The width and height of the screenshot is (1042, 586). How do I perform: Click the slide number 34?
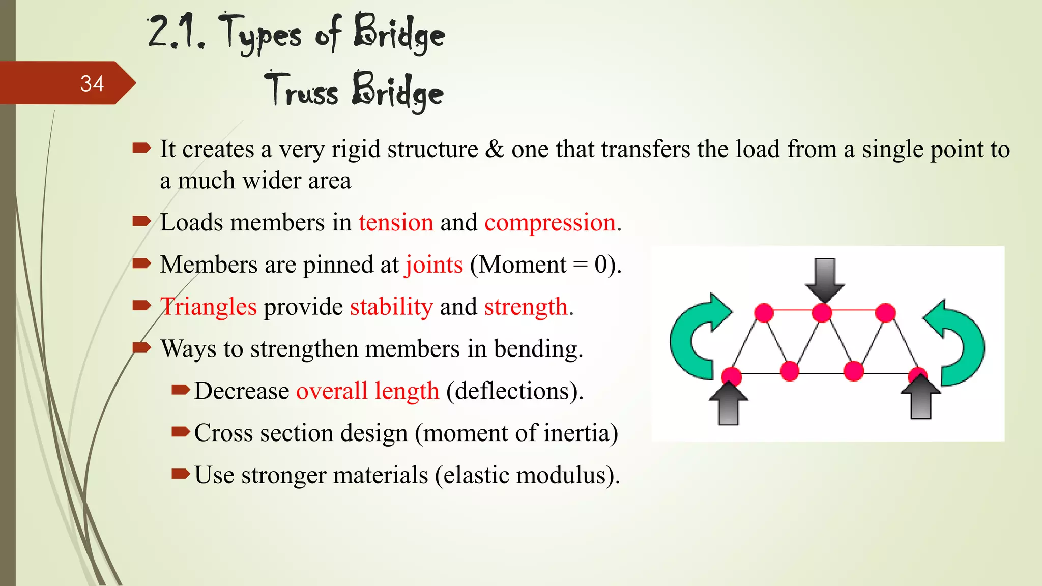click(x=92, y=83)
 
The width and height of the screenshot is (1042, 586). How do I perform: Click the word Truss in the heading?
click(x=301, y=91)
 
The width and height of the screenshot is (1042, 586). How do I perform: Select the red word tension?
click(x=396, y=223)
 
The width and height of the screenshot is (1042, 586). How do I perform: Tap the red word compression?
click(x=550, y=223)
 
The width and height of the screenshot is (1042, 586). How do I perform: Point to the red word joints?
click(x=434, y=265)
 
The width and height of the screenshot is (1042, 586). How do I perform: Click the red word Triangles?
click(x=209, y=307)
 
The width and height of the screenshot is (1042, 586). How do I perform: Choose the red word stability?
click(x=391, y=307)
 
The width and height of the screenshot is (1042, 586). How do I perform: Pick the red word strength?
click(x=526, y=307)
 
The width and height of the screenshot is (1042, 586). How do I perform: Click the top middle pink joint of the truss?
click(x=822, y=312)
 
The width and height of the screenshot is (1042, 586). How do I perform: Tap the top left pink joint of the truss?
click(x=764, y=312)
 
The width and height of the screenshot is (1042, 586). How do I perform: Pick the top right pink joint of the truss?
click(x=885, y=312)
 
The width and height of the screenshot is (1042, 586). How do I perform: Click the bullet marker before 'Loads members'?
click(x=141, y=221)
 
